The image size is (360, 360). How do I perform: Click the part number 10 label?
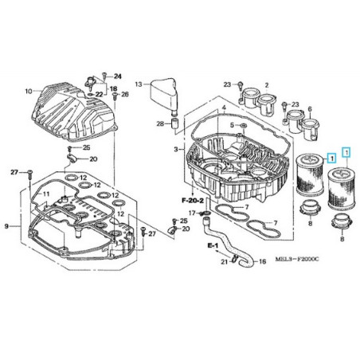(x=29, y=92)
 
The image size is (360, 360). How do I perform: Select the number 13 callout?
(x=139, y=84)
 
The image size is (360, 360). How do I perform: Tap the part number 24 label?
(x=118, y=76)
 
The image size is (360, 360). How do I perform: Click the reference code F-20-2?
(x=193, y=201)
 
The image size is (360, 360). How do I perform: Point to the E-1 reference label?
(x=213, y=246)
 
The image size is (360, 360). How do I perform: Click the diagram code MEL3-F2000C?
(x=297, y=259)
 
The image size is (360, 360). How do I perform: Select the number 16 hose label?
(x=262, y=262)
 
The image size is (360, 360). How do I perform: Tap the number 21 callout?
(x=225, y=262)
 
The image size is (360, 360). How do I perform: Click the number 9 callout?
(x=6, y=226)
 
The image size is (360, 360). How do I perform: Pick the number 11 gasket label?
(x=46, y=194)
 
